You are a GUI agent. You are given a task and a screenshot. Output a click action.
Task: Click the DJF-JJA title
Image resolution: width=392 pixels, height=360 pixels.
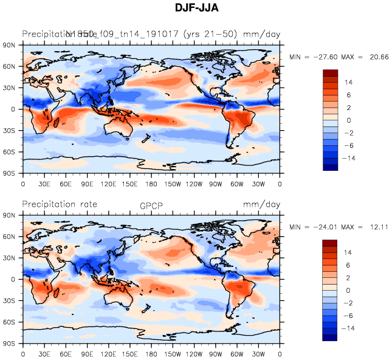(196, 8)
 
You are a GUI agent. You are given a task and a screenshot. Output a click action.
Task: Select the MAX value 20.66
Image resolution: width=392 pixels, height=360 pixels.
(376, 57)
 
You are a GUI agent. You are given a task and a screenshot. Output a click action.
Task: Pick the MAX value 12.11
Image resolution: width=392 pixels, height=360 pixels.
(376, 227)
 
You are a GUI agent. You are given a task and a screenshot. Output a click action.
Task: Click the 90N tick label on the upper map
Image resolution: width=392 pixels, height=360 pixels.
(9, 45)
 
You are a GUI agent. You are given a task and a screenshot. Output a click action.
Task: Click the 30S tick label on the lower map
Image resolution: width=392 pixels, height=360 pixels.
(9, 300)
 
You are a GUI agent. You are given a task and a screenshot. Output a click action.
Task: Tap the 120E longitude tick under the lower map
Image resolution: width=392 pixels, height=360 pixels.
(109, 354)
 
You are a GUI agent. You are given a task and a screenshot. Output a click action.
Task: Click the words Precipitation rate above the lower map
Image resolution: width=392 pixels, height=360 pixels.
(60, 204)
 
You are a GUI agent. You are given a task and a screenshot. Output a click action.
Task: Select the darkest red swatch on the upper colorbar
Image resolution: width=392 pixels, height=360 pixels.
(330, 74)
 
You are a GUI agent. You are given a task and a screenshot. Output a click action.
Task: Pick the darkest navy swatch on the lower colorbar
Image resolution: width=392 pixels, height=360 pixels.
(330, 337)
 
